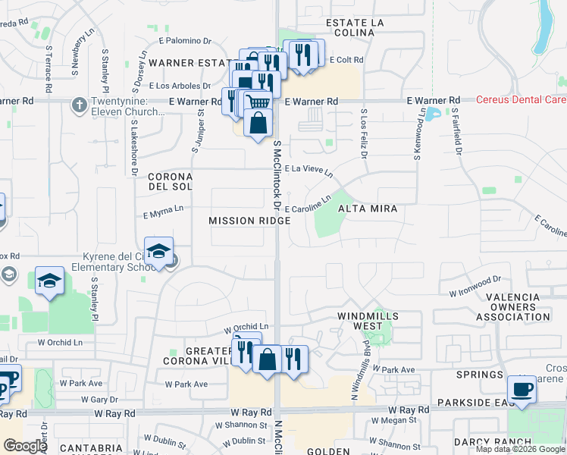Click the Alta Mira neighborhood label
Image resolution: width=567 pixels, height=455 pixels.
tap(367, 209)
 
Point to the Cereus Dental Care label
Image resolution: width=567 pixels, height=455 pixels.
tap(522, 100)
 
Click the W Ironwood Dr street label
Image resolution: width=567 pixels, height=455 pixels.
tap(475, 286)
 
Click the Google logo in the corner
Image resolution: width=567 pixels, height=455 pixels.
tap(24, 446)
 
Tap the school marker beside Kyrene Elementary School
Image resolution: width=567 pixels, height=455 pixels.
tap(158, 252)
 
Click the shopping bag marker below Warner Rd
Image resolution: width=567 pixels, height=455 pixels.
tap(258, 123)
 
